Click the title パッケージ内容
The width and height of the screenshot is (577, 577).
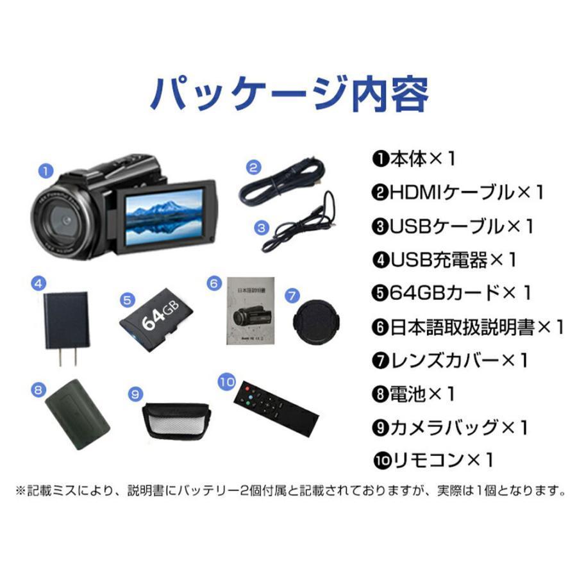288,94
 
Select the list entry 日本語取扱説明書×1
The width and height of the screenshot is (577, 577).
467,326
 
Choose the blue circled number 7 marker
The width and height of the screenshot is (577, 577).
292,296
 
